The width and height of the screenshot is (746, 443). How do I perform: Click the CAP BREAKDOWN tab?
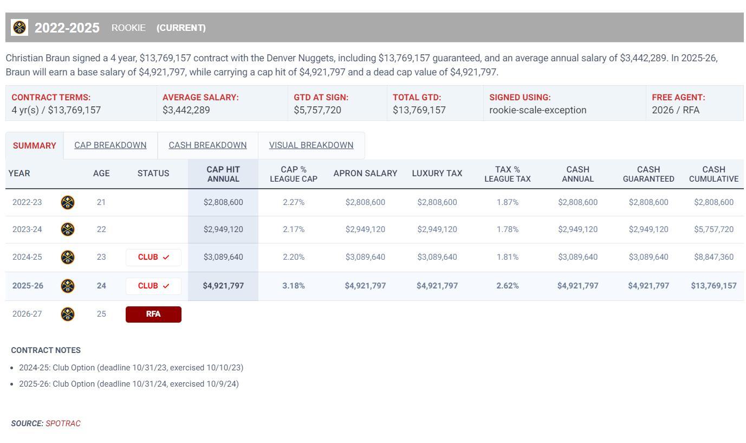[x=110, y=145]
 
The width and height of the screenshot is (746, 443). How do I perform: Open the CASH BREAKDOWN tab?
[x=207, y=145]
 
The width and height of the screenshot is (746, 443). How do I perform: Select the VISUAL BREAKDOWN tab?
[x=311, y=145]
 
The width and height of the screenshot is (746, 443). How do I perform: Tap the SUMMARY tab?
[x=34, y=146]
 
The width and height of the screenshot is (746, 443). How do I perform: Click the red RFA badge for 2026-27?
[x=153, y=314]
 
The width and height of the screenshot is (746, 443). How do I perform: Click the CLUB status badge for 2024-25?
[x=153, y=257]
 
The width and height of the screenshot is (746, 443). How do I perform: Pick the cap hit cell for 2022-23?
[x=223, y=202]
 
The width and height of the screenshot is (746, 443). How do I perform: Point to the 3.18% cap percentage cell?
[x=293, y=286]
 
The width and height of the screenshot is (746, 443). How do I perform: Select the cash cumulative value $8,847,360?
[x=713, y=257]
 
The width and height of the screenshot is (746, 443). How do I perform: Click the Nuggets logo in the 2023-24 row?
[x=67, y=229]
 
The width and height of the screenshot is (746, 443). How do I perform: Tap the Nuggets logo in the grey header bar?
[x=20, y=27]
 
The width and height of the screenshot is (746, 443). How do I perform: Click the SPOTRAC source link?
[x=63, y=423]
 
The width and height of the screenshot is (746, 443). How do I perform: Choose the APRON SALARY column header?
[x=365, y=174]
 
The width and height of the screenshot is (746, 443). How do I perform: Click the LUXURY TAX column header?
[x=437, y=174]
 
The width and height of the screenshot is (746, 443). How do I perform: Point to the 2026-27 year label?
[x=27, y=314]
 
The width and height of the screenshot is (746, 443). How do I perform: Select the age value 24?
[x=101, y=286]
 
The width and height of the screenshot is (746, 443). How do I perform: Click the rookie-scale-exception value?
[x=537, y=110]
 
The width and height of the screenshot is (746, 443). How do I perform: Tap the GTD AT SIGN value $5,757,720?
[x=317, y=110]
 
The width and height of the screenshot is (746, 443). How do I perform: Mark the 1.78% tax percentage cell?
[x=507, y=229]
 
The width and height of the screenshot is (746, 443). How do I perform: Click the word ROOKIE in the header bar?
[x=128, y=28]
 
